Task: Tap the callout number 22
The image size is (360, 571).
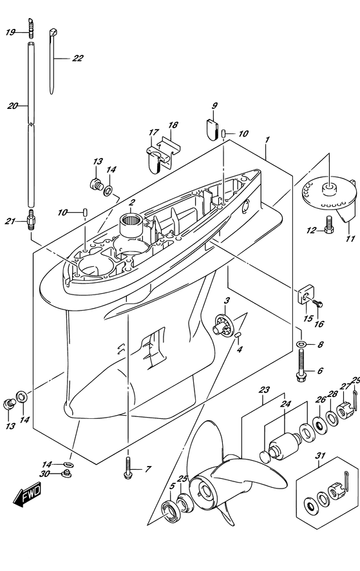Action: point(77,58)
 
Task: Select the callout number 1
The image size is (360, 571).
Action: point(267,139)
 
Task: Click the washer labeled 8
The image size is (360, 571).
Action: point(301,344)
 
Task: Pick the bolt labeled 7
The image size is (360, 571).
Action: point(128,468)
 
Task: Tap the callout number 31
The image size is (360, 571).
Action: point(320,456)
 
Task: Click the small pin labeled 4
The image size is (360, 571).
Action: point(238,334)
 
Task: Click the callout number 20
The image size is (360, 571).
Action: point(12,106)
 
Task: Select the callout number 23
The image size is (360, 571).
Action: point(264,390)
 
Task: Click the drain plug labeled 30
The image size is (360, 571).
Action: point(66,473)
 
